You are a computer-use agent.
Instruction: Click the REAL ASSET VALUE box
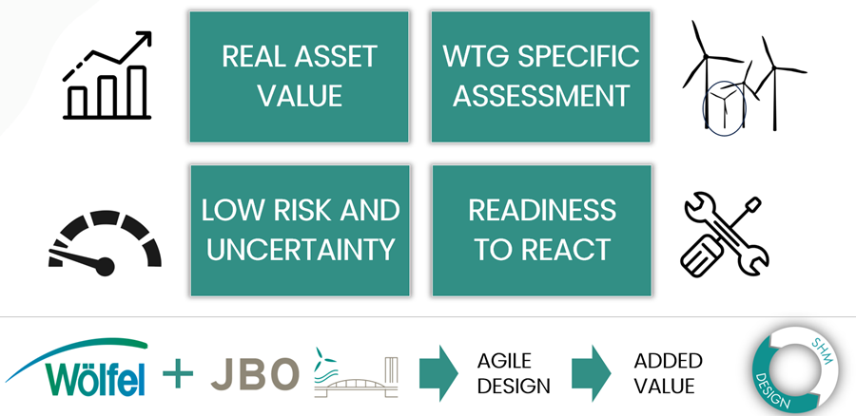300,77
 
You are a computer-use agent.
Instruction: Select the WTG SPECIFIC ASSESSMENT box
541,77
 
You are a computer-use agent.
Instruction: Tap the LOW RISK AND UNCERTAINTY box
301,231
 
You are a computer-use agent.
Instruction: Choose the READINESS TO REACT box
541,231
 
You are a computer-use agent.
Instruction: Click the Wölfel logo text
96,378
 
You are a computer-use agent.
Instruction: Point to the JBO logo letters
255,374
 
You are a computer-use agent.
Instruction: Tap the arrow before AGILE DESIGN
438,373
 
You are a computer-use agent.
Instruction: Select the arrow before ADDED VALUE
592,373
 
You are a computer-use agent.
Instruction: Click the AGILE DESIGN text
514,373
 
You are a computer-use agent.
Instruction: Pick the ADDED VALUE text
668,373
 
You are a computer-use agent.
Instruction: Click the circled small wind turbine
724,107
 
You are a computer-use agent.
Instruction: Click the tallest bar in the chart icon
136,91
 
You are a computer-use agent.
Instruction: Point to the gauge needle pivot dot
105,267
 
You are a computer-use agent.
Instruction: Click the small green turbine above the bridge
326,359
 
